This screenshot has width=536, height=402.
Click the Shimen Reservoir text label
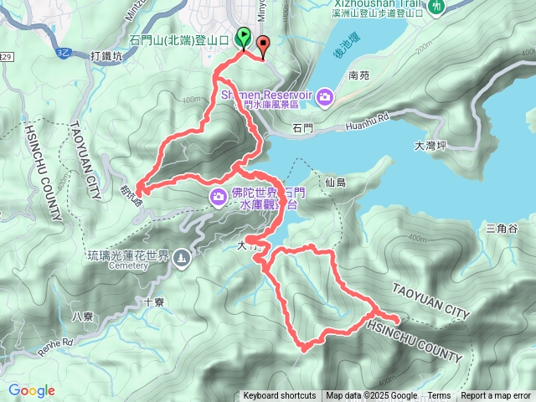click(x=265, y=94)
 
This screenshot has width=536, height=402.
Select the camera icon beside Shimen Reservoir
click(x=325, y=98)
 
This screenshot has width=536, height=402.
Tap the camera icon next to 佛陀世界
click(x=218, y=197)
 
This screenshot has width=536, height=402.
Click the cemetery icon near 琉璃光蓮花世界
click(x=182, y=260)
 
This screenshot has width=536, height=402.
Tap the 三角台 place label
click(x=502, y=228)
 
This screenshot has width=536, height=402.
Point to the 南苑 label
click(x=358, y=75)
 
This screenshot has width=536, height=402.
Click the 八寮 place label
click(x=83, y=316)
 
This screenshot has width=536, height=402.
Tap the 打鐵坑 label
click(x=106, y=56)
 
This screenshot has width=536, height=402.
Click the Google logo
click(x=31, y=390)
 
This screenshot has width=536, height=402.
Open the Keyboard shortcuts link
click(x=280, y=396)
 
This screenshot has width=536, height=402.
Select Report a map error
click(x=496, y=396)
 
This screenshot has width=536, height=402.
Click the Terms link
click(x=439, y=396)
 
